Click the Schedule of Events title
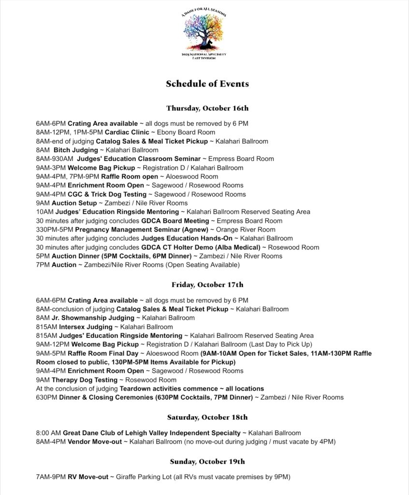(x=207, y=84)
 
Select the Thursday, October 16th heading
(x=207, y=108)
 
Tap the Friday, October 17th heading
(x=207, y=285)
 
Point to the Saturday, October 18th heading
(x=207, y=417)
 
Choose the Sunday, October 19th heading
(x=207, y=461)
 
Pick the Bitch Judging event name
(x=78, y=150)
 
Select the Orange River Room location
(x=246, y=230)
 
